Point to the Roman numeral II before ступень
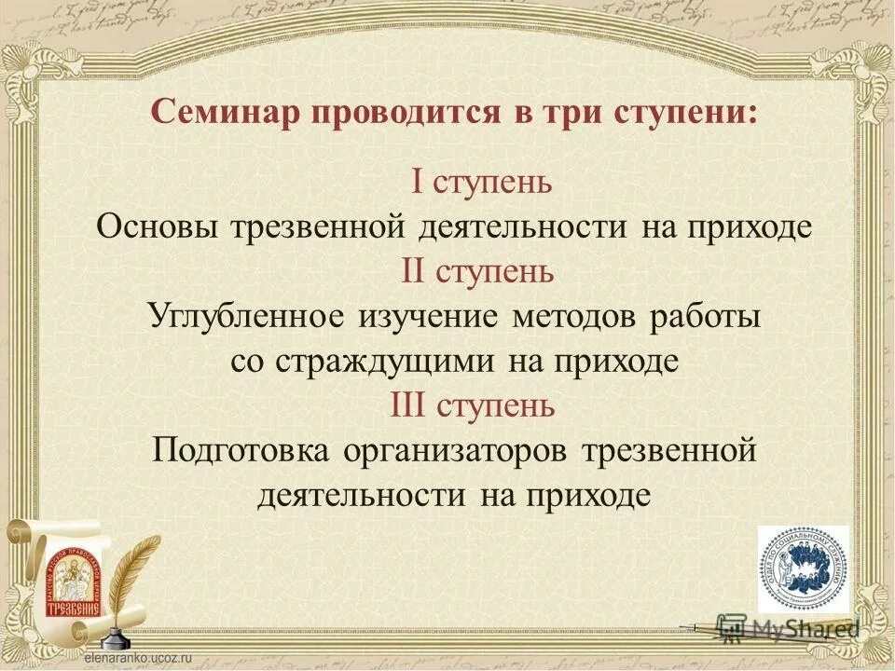pos(414,271)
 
